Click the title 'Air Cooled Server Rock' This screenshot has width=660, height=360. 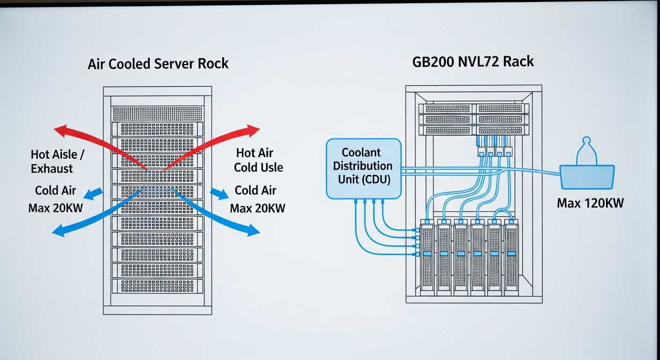[158, 63]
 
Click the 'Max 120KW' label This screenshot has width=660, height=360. [591, 203]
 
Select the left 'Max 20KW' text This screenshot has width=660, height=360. [55, 207]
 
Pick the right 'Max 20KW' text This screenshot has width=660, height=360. [257, 208]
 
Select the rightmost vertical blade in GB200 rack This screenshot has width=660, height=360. [512, 258]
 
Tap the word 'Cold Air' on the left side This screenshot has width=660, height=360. [55, 190]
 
